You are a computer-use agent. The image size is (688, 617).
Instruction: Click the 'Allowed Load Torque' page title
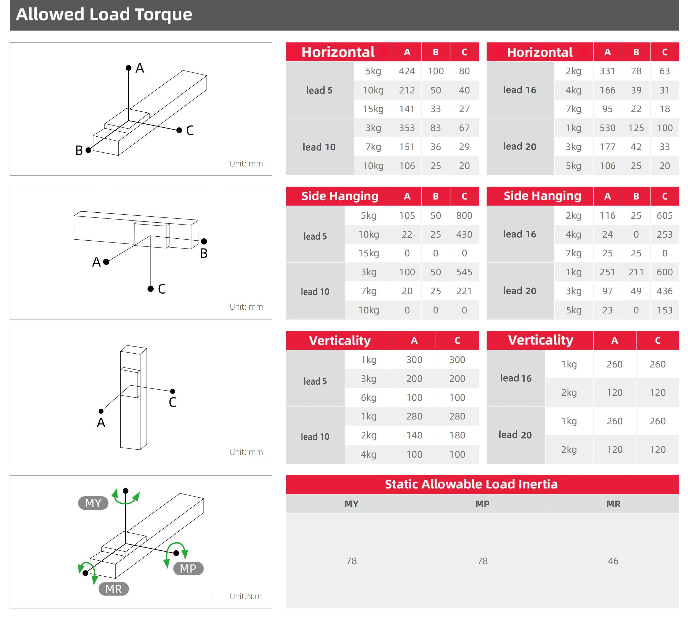(104, 15)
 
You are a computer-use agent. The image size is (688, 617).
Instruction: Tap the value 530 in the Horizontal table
(607, 128)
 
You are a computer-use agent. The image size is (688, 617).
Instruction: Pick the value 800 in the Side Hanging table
(464, 216)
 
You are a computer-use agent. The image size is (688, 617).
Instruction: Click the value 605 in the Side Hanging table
(664, 216)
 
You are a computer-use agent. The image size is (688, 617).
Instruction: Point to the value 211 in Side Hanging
(636, 272)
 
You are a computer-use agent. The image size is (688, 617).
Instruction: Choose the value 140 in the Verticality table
(414, 435)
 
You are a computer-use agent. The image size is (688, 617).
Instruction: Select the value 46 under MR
(613, 561)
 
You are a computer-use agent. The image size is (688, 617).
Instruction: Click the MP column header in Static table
(482, 504)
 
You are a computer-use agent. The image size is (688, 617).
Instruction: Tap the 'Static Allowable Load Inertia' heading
(471, 484)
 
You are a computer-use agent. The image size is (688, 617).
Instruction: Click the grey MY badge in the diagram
(93, 503)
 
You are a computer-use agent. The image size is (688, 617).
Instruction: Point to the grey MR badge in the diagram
(113, 589)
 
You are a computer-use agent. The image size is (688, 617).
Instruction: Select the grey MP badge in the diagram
(188, 569)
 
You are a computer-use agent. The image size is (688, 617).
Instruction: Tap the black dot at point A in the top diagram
(129, 68)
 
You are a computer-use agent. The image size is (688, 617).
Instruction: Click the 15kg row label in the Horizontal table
(373, 109)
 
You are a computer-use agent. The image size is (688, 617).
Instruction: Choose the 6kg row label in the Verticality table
(369, 398)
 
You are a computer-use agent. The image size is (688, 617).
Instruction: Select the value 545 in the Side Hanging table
(464, 272)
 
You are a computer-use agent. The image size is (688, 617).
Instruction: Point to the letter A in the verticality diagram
(101, 423)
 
